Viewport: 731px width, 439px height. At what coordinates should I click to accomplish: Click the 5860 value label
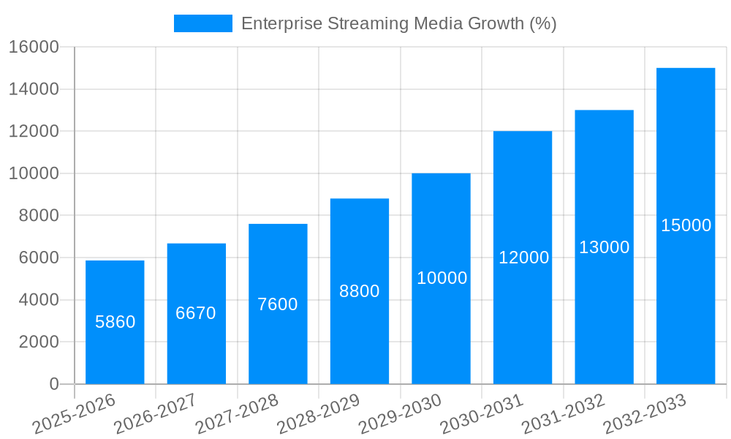[115, 322]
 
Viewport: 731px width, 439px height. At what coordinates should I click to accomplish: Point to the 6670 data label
[196, 313]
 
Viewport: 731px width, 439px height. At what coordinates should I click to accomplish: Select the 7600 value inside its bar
[278, 304]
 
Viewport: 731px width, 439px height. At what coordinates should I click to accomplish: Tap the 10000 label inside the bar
[442, 278]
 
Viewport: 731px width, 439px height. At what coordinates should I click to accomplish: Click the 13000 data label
[604, 247]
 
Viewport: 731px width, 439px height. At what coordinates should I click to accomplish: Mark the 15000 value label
[686, 225]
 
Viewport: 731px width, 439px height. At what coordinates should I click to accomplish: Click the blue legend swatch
[202, 23]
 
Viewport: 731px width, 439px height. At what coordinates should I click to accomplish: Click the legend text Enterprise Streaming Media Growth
[398, 23]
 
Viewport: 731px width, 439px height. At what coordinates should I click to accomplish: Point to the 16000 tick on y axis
[34, 47]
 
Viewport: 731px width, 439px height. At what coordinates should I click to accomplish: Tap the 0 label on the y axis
[53, 384]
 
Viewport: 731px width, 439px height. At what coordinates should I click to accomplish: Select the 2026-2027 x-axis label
[155, 414]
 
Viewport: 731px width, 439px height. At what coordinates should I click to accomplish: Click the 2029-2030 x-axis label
[400, 414]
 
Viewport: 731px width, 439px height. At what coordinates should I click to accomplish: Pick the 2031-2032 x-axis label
[563, 414]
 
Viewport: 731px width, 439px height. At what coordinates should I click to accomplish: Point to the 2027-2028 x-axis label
[237, 414]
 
